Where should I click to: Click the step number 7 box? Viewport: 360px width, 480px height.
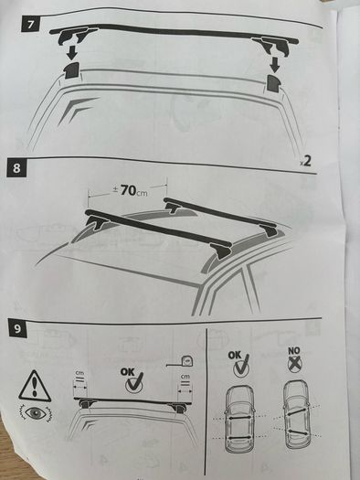pyautogui.click(x=30, y=24)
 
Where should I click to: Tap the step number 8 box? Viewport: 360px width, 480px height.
pyautogui.click(x=16, y=167)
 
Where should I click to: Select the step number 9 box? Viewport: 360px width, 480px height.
pyautogui.click(x=17, y=328)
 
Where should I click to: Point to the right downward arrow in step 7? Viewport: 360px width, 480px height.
pyautogui.click(x=275, y=65)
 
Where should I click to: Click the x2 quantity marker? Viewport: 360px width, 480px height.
pyautogui.click(x=305, y=161)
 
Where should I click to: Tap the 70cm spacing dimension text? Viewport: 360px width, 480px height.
pyautogui.click(x=131, y=190)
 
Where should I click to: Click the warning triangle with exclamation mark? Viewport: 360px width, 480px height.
pyautogui.click(x=35, y=386)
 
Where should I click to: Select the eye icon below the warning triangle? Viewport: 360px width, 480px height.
pyautogui.click(x=36, y=413)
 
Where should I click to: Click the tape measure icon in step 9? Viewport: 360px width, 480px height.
pyautogui.click(x=181, y=362)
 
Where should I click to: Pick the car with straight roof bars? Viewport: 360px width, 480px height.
pyautogui.click(x=239, y=419)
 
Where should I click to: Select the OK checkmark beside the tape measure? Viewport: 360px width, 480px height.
pyautogui.click(x=132, y=379)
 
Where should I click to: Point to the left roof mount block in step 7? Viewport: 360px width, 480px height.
pyautogui.click(x=71, y=70)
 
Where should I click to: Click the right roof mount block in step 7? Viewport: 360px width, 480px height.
pyautogui.click(x=274, y=82)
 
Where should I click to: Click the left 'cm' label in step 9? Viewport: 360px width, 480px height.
pyautogui.click(x=79, y=374)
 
